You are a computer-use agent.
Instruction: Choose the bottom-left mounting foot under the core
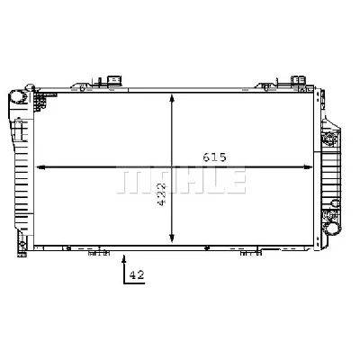point(93,255)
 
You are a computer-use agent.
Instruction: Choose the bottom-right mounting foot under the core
point(246,255)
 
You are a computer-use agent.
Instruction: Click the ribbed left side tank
point(22,171)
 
